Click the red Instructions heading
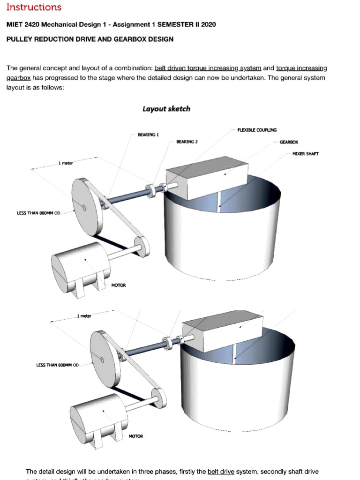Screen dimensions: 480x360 34,7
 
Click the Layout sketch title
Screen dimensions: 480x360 166,109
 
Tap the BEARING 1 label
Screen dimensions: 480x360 148,135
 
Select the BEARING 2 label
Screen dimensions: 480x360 187,141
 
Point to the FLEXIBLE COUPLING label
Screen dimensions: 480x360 257,130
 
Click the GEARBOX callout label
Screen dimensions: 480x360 289,142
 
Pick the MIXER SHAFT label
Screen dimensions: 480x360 305,154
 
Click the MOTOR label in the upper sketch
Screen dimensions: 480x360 118,285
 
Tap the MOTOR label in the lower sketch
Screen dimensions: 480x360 136,436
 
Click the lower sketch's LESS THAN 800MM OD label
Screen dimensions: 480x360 58,365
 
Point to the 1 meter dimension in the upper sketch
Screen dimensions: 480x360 66,163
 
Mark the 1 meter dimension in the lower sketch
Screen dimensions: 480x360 84,316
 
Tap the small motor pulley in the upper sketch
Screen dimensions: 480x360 142,246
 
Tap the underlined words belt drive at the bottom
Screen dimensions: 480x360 221,472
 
